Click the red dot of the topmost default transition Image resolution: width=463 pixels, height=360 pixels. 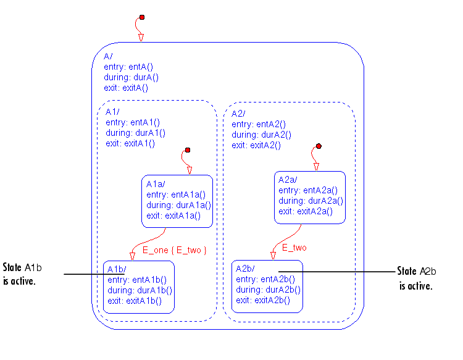(x=141, y=17)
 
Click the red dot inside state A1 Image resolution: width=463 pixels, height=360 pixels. (x=187, y=149)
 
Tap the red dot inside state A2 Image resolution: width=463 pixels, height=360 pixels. (x=319, y=146)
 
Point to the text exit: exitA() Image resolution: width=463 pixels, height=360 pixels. (x=127, y=88)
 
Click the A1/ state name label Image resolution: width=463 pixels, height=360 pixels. (x=112, y=112)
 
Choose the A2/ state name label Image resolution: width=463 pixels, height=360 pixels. (x=238, y=114)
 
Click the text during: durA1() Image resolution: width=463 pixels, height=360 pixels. (x=135, y=133)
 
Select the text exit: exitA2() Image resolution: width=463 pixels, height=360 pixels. (x=256, y=145)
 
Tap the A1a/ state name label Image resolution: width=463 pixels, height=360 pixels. (x=155, y=184)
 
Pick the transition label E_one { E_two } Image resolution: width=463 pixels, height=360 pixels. (x=175, y=250)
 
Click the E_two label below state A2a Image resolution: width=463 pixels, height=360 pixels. (x=294, y=248)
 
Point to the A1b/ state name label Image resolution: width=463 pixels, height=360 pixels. (x=116, y=270)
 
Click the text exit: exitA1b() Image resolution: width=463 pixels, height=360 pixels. (x=134, y=301)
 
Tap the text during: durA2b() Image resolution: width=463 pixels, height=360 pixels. (x=269, y=290)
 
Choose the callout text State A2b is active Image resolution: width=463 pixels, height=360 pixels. (x=417, y=278)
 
